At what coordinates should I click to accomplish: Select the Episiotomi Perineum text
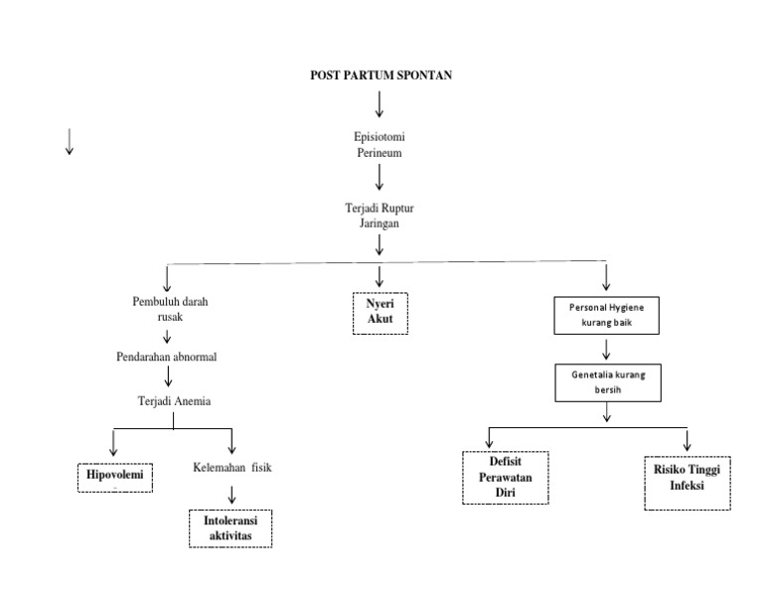[380, 146]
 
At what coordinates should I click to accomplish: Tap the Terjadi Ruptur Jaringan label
[380, 217]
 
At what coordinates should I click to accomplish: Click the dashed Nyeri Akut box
[381, 312]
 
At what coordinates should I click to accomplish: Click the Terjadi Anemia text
[174, 400]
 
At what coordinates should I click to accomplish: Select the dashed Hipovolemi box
[115, 477]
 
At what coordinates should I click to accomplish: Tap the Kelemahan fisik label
[231, 468]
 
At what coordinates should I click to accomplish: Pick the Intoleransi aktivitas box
[230, 527]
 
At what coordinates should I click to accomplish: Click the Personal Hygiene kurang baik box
[606, 315]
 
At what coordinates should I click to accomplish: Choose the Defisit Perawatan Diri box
[506, 477]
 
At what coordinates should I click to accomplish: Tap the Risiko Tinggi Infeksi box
[687, 481]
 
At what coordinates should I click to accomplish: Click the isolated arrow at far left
[69, 143]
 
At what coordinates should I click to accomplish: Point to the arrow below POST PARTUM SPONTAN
[380, 102]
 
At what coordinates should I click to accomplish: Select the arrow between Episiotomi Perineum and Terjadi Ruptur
[380, 179]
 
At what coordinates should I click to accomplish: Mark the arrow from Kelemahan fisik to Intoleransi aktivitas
[231, 494]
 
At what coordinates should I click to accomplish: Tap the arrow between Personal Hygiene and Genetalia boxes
[606, 350]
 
